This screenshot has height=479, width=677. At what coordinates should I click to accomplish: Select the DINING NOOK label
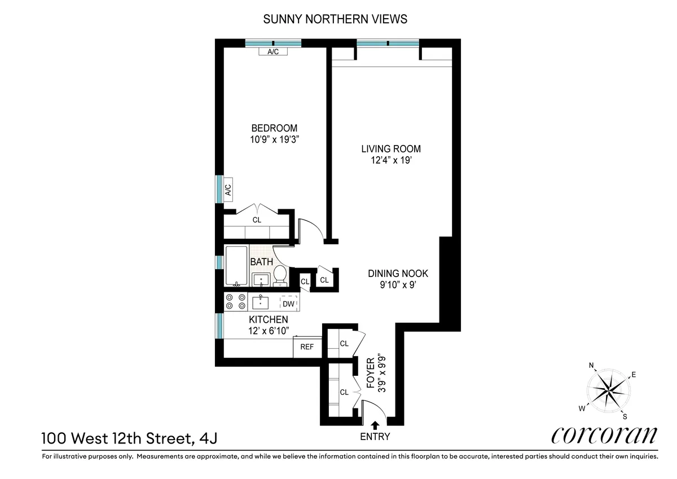point(398,274)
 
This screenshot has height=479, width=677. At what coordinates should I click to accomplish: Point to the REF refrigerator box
point(306,347)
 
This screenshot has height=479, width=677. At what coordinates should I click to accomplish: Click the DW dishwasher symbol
point(288,304)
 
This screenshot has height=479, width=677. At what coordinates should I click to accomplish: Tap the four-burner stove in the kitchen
point(235,302)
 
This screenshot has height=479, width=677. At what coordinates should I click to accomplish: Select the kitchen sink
point(261,302)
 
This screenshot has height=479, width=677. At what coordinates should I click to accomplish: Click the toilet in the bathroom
point(280,275)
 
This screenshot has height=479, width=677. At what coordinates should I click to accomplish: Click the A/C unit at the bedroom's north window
point(273,52)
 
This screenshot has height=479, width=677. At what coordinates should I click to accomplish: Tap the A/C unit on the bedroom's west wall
point(228,189)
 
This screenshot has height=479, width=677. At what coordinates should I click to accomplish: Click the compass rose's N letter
point(591,366)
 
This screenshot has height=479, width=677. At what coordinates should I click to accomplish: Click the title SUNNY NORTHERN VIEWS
point(335,20)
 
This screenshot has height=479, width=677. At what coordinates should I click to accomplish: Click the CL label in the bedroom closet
point(257,220)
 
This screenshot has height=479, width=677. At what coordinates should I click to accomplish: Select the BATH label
point(261,262)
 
